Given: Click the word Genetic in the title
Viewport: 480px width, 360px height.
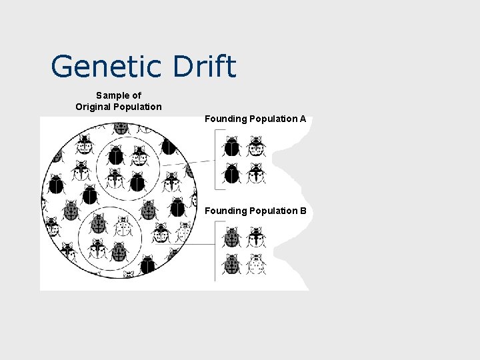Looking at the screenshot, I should coord(106,67).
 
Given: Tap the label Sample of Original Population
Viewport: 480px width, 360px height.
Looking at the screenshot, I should coord(118,101).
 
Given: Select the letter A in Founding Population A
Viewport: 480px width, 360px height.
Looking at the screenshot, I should coord(303,119).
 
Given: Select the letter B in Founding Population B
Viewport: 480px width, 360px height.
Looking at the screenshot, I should coord(303,211).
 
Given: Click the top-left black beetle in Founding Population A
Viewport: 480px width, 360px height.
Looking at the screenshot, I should coord(232,146).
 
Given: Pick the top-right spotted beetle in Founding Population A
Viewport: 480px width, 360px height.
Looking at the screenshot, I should coord(256,146).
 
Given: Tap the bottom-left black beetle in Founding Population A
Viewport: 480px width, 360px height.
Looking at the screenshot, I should coord(232,173).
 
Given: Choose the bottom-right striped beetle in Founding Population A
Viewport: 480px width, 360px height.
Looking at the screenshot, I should coord(256,173).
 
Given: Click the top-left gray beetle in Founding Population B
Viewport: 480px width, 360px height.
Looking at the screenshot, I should coord(232,237).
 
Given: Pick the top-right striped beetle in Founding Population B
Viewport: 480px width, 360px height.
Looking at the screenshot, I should coord(256,237).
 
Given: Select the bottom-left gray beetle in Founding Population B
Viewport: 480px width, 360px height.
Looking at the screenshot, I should coord(232,264).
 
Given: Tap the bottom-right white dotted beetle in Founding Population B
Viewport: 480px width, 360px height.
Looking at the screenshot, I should coord(256,264).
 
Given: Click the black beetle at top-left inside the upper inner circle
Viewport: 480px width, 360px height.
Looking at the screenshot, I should coord(116,155).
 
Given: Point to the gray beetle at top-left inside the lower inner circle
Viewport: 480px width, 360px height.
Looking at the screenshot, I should coord(99,225).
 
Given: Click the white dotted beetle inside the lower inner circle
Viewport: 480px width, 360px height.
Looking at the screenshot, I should coord(122,227).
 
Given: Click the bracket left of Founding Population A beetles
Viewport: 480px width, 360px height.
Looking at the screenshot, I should coord(215,160).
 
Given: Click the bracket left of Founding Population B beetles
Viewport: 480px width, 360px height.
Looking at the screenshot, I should coord(215,251).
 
